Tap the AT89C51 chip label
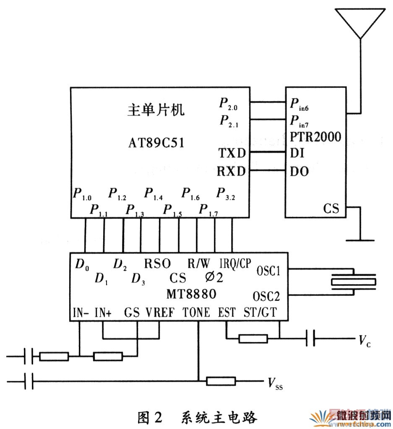click(x=156, y=143)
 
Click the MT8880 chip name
click(x=191, y=294)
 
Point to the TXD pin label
click(x=232, y=153)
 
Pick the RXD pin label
click(x=232, y=171)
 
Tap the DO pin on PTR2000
click(x=299, y=171)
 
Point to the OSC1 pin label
click(x=268, y=271)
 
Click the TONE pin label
click(x=196, y=312)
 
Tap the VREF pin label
click(x=159, y=312)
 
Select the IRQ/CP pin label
click(x=235, y=263)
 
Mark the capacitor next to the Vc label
click(x=310, y=338)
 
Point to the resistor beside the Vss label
click(x=221, y=381)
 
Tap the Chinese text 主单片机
click(x=156, y=110)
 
